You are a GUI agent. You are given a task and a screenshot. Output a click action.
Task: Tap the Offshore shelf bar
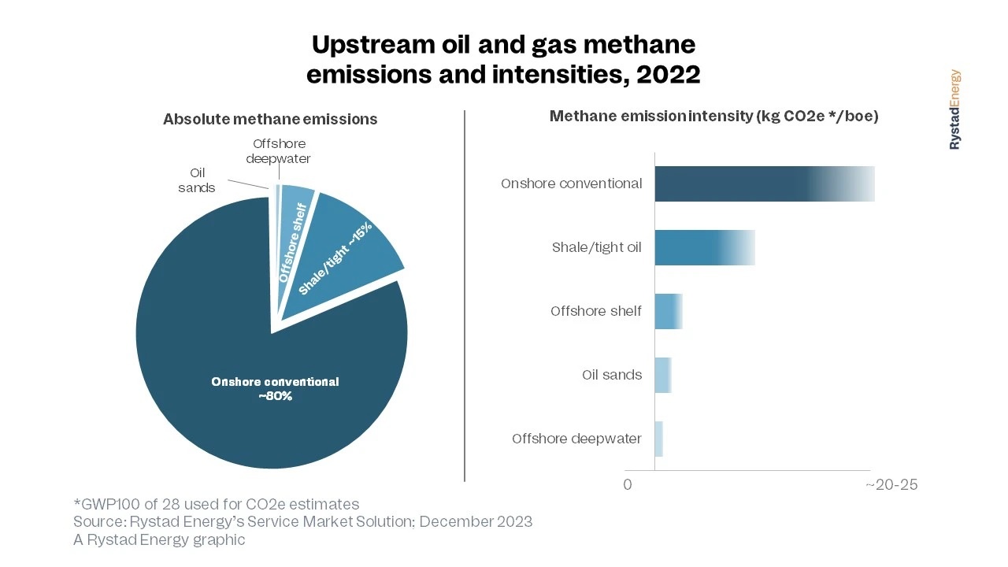point(668,311)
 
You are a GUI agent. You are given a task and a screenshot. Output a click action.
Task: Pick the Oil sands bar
point(662,375)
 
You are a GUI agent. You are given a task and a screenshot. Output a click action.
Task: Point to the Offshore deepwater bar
point(659,439)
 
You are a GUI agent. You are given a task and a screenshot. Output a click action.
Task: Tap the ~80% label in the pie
point(275,396)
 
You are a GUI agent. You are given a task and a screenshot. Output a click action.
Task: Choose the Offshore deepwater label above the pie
point(279,151)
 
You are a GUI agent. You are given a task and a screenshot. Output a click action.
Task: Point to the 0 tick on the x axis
point(628,484)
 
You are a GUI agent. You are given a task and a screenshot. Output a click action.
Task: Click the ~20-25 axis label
point(891,484)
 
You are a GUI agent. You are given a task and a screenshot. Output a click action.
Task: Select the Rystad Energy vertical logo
point(954,109)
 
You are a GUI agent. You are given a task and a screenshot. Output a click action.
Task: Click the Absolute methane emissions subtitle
point(270,120)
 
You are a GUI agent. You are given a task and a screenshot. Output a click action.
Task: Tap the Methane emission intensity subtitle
point(713,117)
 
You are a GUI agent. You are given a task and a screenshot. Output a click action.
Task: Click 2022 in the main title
point(669,74)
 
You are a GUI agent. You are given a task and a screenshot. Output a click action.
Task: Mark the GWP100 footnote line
point(217,504)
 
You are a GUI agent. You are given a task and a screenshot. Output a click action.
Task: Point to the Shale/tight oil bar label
point(596,247)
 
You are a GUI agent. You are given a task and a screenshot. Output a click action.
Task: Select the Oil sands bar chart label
point(612,375)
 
